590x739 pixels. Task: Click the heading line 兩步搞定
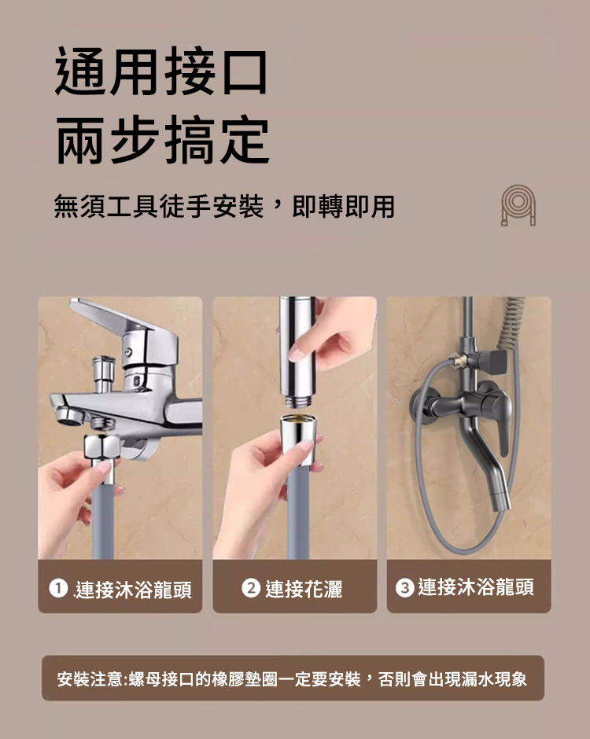(163, 139)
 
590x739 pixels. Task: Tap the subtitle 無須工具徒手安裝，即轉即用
(224, 207)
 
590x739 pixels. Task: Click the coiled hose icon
(518, 205)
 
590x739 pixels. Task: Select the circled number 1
(58, 588)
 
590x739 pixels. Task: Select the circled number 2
(251, 588)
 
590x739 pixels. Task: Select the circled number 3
(404, 588)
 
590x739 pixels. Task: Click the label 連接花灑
(304, 589)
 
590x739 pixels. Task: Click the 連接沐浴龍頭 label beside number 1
(134, 589)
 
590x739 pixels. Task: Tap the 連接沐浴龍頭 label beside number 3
(476, 587)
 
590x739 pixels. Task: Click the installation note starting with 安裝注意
(292, 679)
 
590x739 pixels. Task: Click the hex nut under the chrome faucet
(101, 447)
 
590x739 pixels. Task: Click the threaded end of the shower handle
(297, 402)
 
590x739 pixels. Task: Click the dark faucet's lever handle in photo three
(501, 420)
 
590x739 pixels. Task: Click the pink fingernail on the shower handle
(297, 354)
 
